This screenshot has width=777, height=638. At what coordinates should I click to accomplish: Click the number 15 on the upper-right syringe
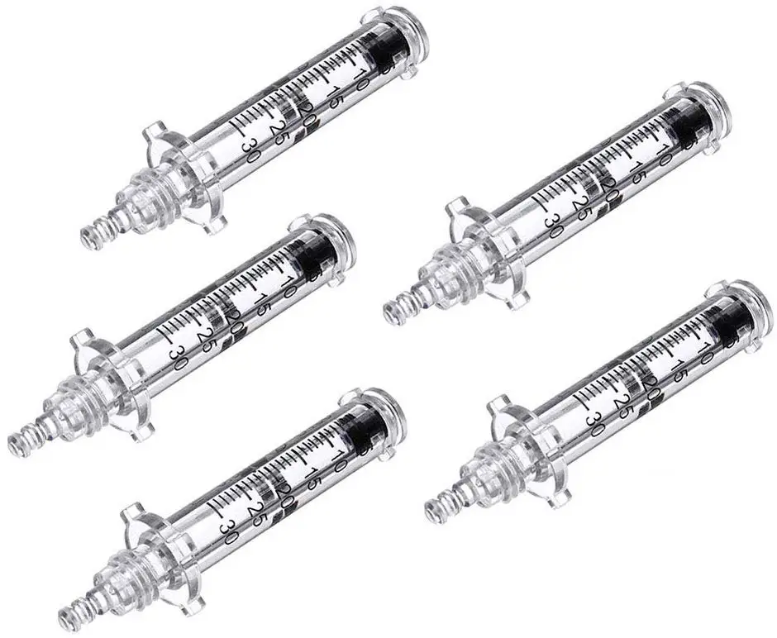(636, 172)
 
